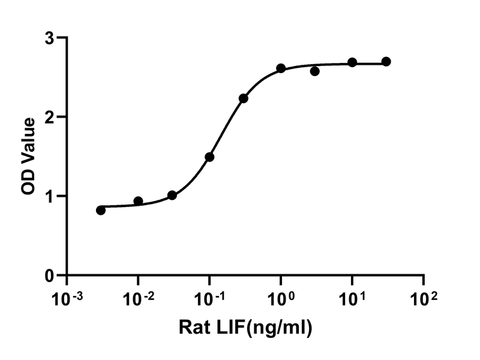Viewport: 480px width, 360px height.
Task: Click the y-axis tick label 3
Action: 49,38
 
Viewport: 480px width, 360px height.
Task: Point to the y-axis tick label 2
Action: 49,117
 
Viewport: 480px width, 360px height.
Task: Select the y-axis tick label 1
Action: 50,197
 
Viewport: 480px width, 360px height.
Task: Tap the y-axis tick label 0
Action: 49,276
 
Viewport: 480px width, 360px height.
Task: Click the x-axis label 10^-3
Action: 67,298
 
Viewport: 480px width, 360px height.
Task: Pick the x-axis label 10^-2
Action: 139,298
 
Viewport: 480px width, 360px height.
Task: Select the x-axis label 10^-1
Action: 210,298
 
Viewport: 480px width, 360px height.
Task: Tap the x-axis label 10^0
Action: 281,298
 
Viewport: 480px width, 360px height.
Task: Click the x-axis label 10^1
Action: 353,298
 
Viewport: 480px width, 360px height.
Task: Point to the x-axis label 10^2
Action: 424,298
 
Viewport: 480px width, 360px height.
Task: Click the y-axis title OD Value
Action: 28,157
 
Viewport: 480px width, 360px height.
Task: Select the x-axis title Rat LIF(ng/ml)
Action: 245,328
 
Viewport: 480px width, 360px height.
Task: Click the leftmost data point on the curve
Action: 101,211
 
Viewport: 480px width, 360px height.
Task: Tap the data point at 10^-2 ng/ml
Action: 138,201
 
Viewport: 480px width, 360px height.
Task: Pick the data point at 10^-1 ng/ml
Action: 209,157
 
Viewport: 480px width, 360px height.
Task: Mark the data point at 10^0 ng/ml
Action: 281,68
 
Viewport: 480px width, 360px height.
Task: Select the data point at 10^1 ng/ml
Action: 352,62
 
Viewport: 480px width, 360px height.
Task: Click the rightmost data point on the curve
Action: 386,62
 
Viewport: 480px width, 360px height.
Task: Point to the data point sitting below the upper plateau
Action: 314,71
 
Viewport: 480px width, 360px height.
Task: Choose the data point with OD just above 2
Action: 244,98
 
